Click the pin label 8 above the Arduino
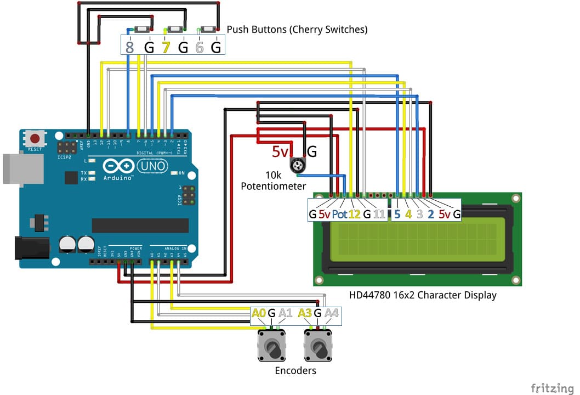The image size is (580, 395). click(130, 47)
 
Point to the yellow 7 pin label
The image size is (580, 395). click(166, 47)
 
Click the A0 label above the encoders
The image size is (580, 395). click(259, 313)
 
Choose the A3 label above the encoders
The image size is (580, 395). click(305, 313)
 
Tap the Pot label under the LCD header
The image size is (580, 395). click(339, 214)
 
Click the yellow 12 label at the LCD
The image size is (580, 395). click(354, 214)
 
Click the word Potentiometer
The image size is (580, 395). click(273, 187)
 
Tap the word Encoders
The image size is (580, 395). click(295, 371)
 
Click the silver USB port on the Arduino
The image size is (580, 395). click(14, 168)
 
